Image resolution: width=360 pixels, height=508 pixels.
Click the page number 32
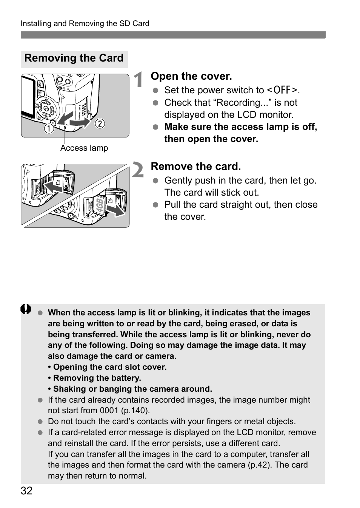pos(26,491)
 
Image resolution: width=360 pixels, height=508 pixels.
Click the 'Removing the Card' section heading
pos(74,58)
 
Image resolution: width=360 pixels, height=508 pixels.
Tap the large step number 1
pos(138,80)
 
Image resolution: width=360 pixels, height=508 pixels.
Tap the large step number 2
pos(138,170)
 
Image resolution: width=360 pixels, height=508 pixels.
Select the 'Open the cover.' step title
pos(191,76)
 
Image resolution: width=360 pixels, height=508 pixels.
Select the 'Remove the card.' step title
pos(195,167)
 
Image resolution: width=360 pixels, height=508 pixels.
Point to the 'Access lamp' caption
pos(84,148)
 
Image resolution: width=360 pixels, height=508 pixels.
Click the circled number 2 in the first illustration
pos(100,124)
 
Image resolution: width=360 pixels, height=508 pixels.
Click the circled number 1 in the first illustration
pos(48,128)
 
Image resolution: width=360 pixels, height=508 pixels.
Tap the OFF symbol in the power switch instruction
pos(283,90)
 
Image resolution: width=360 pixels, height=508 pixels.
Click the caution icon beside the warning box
pos(26,310)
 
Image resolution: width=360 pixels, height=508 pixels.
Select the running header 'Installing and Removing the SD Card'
pos(85,23)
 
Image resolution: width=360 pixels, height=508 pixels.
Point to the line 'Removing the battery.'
pos(97,378)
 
